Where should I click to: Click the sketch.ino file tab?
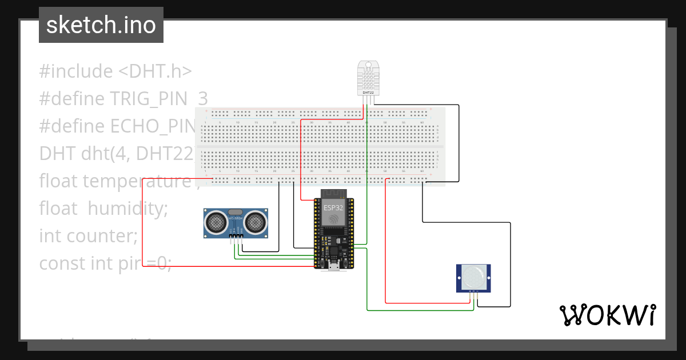(x=101, y=25)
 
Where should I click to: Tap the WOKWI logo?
(x=607, y=315)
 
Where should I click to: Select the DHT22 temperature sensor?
(x=368, y=77)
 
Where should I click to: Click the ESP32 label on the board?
(x=334, y=207)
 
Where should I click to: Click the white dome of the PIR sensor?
(x=474, y=277)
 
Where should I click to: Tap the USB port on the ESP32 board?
(x=333, y=266)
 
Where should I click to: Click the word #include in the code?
(x=76, y=71)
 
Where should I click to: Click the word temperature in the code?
(x=136, y=181)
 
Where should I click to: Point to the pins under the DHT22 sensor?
(x=368, y=100)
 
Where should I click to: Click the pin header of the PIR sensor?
(x=474, y=292)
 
